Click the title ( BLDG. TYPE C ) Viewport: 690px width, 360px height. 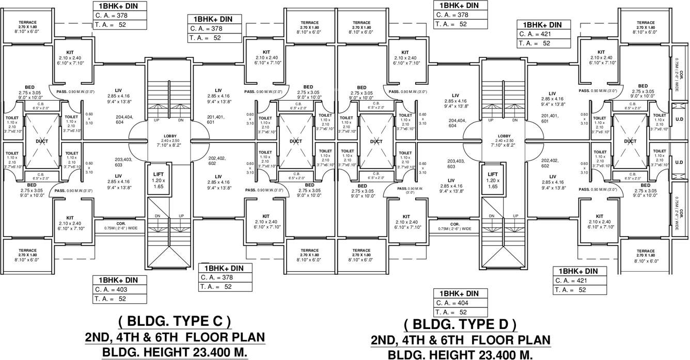click(x=175, y=322)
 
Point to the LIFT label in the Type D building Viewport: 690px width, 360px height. click(x=493, y=175)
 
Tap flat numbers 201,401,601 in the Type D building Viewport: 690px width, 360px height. click(x=548, y=118)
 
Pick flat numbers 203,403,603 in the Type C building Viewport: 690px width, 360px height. click(x=123, y=162)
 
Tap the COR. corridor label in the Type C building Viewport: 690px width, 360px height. click(x=108, y=224)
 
